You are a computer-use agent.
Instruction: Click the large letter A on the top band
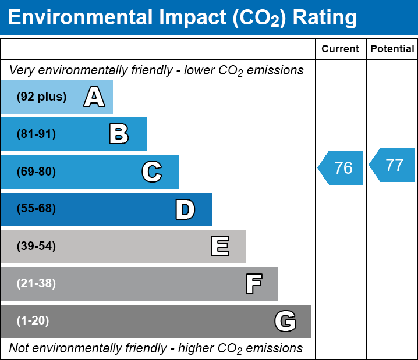pyautogui.click(x=94, y=97)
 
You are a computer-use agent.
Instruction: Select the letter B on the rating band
pyautogui.click(x=119, y=134)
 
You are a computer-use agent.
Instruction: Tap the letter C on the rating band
pyautogui.click(x=151, y=172)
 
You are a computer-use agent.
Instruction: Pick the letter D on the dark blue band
pyautogui.click(x=185, y=209)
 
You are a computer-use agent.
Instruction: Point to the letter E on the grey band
pyautogui.click(x=219, y=247)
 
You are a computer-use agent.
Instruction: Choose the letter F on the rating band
pyautogui.click(x=253, y=284)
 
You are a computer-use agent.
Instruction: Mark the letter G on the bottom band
pyautogui.click(x=285, y=321)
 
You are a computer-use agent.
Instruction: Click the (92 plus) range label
pyautogui.click(x=41, y=97)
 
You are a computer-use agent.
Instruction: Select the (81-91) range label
pyautogui.click(x=36, y=134)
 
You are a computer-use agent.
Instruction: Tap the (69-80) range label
pyautogui.click(x=36, y=172)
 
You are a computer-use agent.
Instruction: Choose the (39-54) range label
pyautogui.click(x=36, y=247)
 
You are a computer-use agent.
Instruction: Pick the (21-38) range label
pyautogui.click(x=36, y=284)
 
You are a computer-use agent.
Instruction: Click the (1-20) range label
pyautogui.click(x=33, y=321)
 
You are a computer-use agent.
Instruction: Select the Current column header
pyautogui.click(x=341, y=49)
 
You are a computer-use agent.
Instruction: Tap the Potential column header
pyautogui.click(x=392, y=49)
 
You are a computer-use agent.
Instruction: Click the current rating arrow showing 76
pyautogui.click(x=342, y=168)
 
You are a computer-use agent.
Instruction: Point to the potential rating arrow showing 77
pyautogui.click(x=393, y=165)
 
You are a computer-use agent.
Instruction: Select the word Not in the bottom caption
pyautogui.click(x=19, y=348)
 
